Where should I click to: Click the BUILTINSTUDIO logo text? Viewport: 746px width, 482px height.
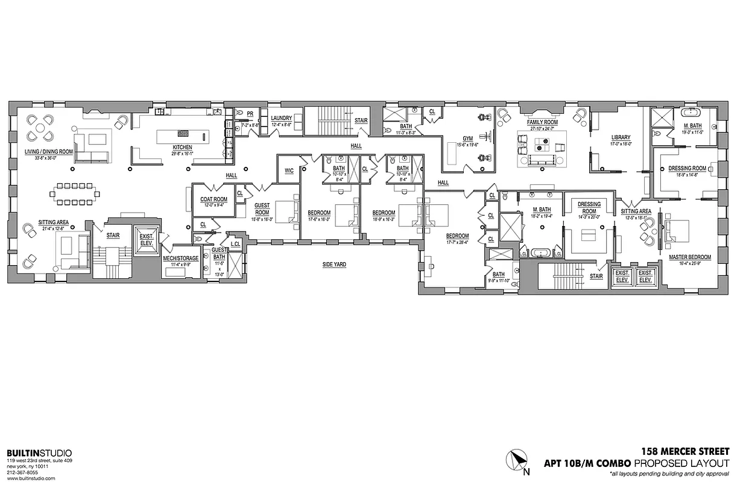(x=39, y=453)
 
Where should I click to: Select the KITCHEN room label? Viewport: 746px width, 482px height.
(x=183, y=147)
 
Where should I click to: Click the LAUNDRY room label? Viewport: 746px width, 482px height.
(x=281, y=118)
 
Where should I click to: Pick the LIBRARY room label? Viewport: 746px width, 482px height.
(x=620, y=137)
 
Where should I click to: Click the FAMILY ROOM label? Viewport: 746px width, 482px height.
(x=542, y=122)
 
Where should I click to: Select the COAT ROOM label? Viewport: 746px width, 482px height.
(x=213, y=199)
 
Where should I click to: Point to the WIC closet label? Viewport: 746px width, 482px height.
(x=288, y=171)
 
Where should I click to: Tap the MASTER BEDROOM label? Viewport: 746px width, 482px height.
(x=689, y=257)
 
